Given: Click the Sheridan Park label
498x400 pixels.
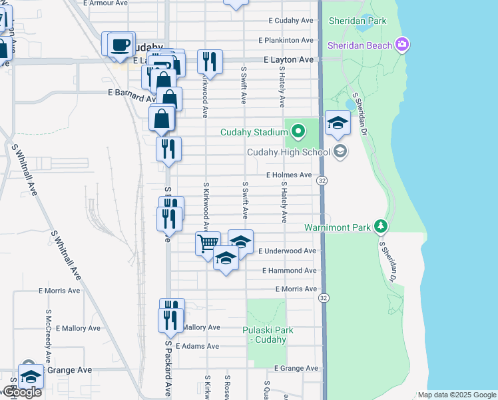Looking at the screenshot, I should [x=358, y=21].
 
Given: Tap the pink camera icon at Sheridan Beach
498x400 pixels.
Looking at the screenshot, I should [x=401, y=45].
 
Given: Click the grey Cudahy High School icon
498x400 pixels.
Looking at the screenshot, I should [x=341, y=152].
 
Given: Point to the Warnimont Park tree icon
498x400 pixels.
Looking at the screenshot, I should [x=380, y=227].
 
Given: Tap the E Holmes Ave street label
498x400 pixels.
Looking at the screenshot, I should [x=289, y=175].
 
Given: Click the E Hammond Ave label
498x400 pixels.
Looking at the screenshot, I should [x=289, y=271].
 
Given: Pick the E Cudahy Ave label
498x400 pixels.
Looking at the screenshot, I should [x=290, y=21].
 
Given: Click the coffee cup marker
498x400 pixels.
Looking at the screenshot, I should [x=120, y=44].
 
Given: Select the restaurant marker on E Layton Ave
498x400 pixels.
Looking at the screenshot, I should [x=210, y=62].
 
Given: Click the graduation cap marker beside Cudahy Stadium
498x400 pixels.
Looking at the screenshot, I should [x=338, y=123].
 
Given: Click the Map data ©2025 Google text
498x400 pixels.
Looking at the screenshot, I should [x=456, y=395].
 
